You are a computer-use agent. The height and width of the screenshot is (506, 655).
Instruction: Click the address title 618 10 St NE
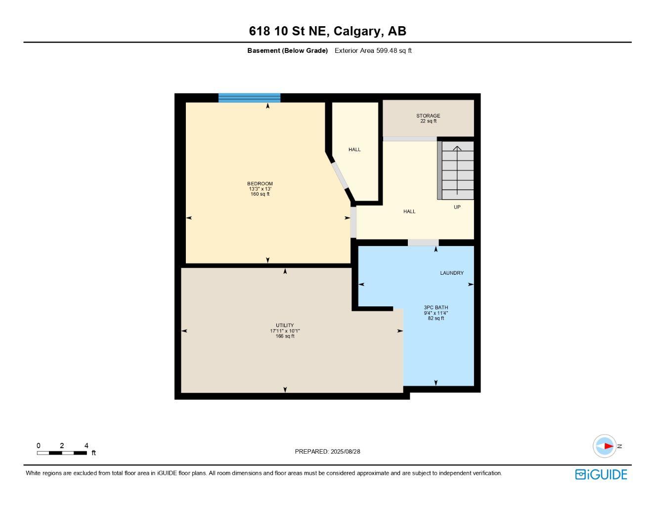click(x=327, y=31)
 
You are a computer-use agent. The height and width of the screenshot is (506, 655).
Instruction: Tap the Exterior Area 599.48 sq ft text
click(x=373, y=50)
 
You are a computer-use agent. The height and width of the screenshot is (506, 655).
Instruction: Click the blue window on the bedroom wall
click(x=249, y=98)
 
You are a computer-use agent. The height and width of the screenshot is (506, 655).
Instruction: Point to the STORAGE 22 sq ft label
click(x=428, y=119)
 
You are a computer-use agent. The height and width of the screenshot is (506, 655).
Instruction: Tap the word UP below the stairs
click(x=457, y=207)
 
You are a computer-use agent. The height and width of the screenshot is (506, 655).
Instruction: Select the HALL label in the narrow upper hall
click(x=354, y=150)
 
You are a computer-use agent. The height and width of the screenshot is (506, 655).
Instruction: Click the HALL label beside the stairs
click(x=409, y=211)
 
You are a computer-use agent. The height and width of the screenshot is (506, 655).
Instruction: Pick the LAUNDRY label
click(x=452, y=273)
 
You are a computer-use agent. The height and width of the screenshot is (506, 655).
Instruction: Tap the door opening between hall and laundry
click(x=423, y=243)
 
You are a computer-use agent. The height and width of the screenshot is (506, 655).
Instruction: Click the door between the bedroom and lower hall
click(x=353, y=222)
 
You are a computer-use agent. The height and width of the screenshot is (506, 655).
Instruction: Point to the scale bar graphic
click(x=62, y=453)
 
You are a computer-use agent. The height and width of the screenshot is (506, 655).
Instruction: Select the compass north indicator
click(x=605, y=446)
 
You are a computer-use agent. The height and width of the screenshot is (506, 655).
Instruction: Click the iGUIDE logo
click(x=601, y=474)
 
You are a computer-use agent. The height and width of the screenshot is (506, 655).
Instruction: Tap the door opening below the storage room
click(x=410, y=139)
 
